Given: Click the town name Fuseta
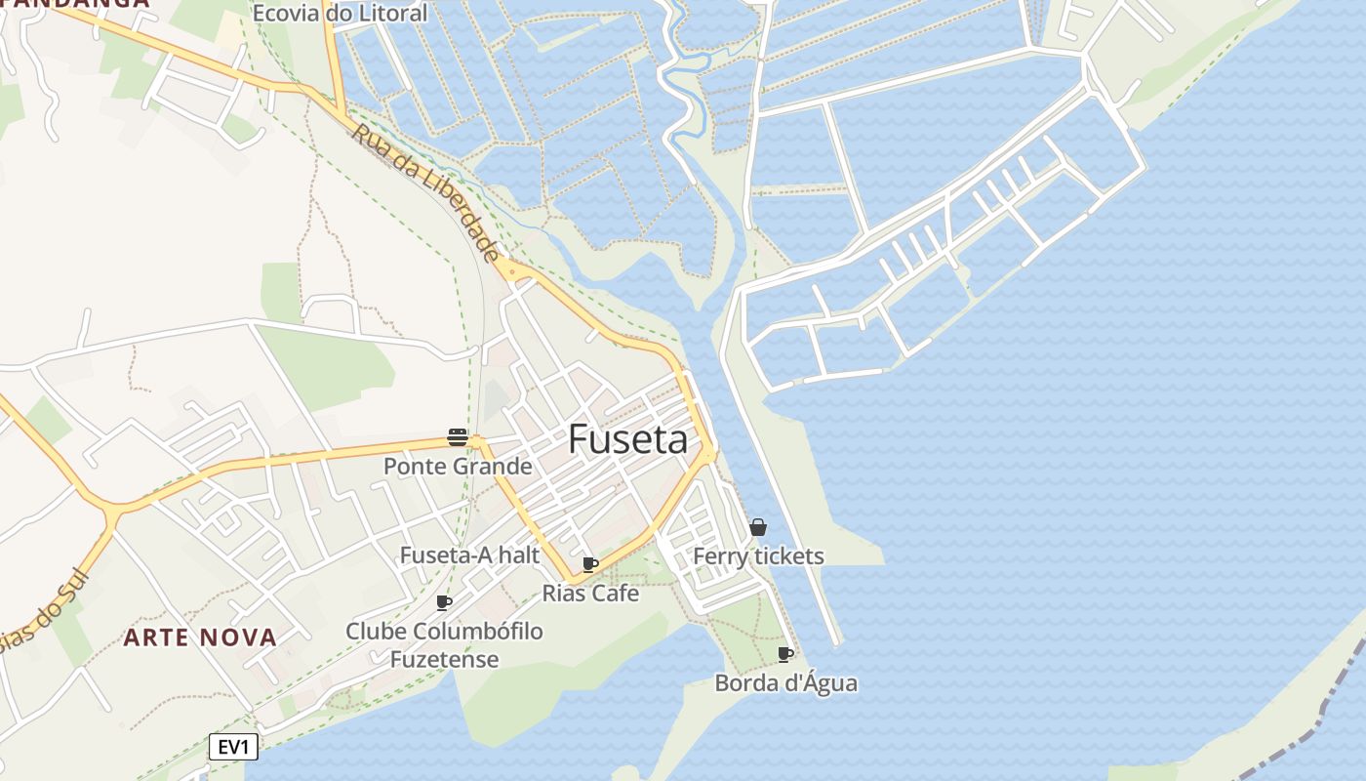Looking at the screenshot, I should pos(627,440).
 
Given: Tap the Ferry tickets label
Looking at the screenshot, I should pos(758,556).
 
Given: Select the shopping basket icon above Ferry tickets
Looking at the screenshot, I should pos(758,527).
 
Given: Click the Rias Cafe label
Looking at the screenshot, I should pos(590,593).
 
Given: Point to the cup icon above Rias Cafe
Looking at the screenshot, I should pos(589,564).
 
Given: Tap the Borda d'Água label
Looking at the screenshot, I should pos(785,682).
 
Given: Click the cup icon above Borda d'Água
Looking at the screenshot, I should pos(784,654).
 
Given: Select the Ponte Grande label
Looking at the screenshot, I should pos(458,466).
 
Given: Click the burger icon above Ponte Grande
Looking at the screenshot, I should pos(458,436).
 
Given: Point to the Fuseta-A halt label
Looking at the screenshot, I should pos(469,555).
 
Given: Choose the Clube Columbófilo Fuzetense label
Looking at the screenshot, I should pos(444,644).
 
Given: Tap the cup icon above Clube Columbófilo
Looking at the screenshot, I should pos(443,602).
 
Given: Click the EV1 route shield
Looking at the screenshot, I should pos(234,748).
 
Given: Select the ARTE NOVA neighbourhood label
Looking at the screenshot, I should pos(200,637).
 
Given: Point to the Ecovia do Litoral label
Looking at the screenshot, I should pos(340,14).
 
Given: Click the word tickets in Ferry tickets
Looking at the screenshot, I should pos(789,556).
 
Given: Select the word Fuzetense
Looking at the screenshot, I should pos(444,659).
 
